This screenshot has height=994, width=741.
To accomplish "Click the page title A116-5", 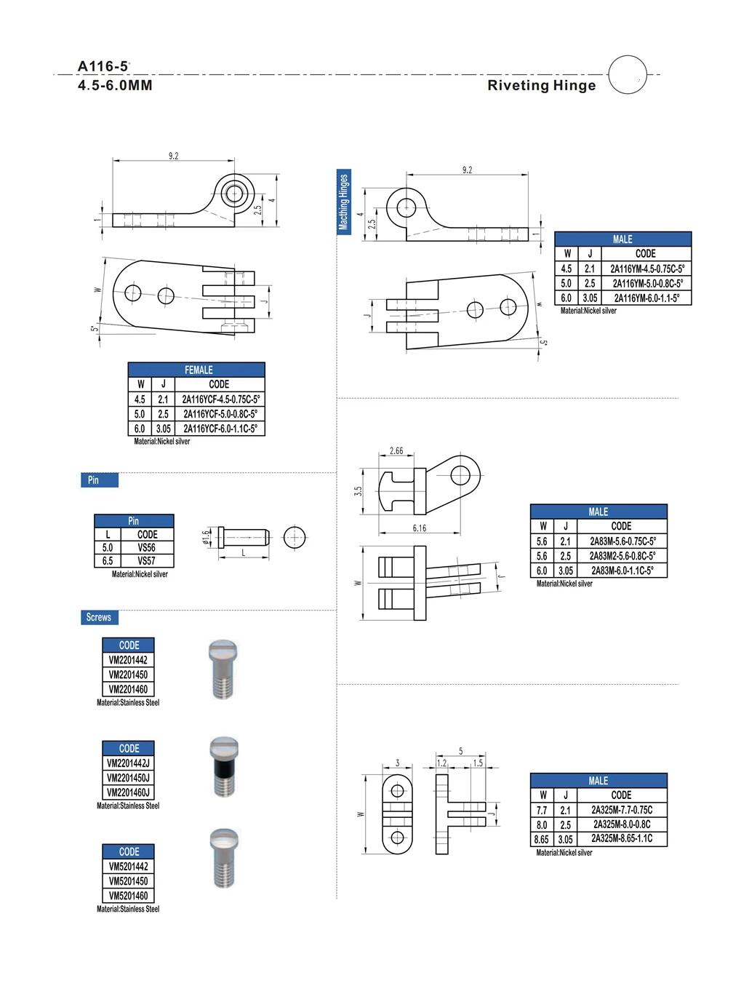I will pyautogui.click(x=103, y=66).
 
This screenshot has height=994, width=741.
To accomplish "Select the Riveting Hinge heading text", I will pyautogui.click(x=541, y=85).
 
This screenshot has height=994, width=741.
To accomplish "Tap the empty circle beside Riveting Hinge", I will pyautogui.click(x=627, y=74).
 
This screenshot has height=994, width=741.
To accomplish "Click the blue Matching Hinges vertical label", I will pyautogui.click(x=343, y=202).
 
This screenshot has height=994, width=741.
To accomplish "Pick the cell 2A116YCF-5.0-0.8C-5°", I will pyautogui.click(x=220, y=414).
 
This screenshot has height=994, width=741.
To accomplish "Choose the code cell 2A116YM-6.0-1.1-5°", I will pyautogui.click(x=646, y=298).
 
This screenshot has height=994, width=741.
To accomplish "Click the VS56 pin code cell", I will pyautogui.click(x=146, y=548).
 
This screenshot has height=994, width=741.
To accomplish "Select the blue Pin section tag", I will pyautogui.click(x=99, y=480).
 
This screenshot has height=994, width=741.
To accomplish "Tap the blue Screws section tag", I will pyautogui.click(x=99, y=618).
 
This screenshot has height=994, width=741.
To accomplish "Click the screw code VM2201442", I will pyautogui.click(x=128, y=660).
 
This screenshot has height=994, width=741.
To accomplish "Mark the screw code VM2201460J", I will pyautogui.click(x=128, y=792).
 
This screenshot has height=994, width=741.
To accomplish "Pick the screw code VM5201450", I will pyautogui.click(x=128, y=881).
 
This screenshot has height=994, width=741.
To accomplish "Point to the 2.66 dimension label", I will pyautogui.click(x=396, y=451).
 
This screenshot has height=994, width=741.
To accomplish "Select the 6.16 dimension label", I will pyautogui.click(x=420, y=528).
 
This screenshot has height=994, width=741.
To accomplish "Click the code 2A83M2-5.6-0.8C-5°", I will pyautogui.click(x=622, y=556).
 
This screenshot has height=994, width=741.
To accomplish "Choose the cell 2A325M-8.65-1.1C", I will pyautogui.click(x=622, y=839).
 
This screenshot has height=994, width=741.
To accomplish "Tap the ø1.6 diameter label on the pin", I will pyautogui.click(x=206, y=537).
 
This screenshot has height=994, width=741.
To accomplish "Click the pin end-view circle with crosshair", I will pyautogui.click(x=295, y=538).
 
